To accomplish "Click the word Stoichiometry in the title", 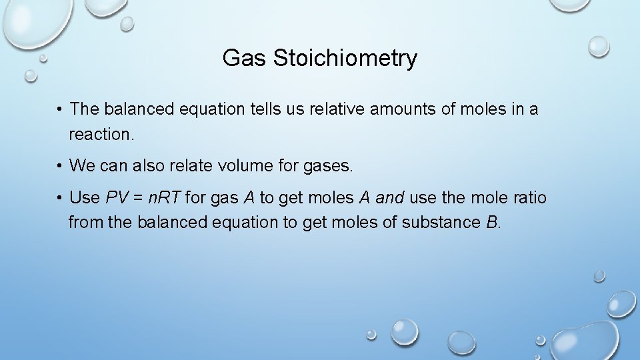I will [x=345, y=59].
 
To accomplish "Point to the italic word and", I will [x=389, y=198].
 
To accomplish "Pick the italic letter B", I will [x=492, y=222].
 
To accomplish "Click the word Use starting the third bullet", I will [x=85, y=198].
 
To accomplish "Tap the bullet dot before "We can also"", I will [x=60, y=165].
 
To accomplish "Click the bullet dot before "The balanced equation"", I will [x=60, y=109].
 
